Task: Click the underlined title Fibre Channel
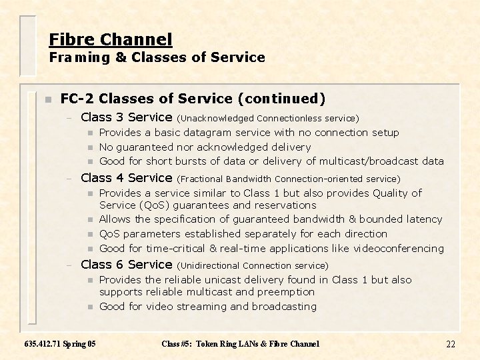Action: point(111,39)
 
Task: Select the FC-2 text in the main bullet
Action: point(77,99)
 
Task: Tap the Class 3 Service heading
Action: point(127,117)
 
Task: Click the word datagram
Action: point(207,133)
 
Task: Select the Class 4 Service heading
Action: point(127,178)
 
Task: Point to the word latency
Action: point(423,219)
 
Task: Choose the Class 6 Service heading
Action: point(127,265)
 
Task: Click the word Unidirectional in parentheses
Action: point(211,266)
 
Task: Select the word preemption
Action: point(285,292)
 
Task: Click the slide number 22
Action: point(451,344)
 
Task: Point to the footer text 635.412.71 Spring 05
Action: point(59,344)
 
